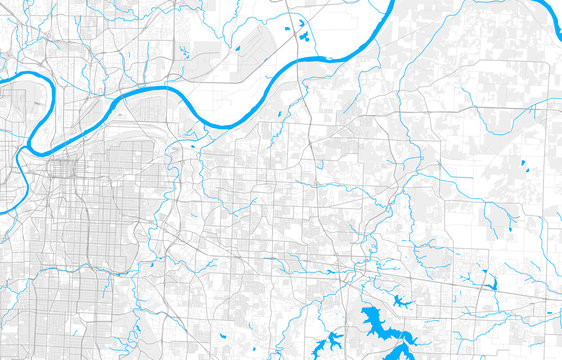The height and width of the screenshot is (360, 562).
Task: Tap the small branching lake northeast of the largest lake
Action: click(x=402, y=300)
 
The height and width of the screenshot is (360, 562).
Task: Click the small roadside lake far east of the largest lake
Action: click(x=492, y=283)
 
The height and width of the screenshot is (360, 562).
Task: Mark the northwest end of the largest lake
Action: click(x=362, y=311)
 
